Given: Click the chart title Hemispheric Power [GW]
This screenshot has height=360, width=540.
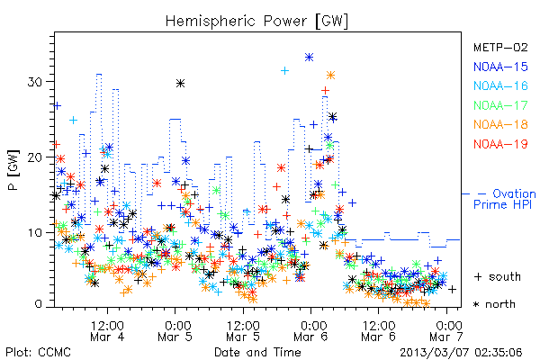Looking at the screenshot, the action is click(x=256, y=22).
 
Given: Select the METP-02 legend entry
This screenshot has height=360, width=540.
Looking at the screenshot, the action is click(x=500, y=47).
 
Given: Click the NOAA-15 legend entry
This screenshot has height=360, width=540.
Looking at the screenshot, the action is click(x=500, y=67).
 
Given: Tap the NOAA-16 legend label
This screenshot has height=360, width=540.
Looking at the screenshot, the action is click(x=500, y=85).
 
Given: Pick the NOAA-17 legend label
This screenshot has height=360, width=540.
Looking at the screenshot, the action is click(x=500, y=105).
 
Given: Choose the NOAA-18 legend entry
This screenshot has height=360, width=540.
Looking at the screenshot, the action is click(x=500, y=124).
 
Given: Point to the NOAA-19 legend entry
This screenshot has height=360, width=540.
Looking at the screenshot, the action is click(x=500, y=144).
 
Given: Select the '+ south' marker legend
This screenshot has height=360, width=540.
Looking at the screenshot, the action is click(x=498, y=276).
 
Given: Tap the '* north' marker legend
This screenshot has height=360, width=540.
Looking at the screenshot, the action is click(x=494, y=304).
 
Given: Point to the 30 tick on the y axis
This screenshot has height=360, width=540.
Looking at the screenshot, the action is click(x=36, y=82).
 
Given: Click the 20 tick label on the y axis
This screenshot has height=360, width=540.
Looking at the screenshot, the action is click(x=36, y=157).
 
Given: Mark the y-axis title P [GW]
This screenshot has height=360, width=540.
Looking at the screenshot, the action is click(x=13, y=170).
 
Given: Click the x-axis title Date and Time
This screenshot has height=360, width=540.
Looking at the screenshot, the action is click(x=257, y=353).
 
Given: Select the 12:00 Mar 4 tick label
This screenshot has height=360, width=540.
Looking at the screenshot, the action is click(x=107, y=330).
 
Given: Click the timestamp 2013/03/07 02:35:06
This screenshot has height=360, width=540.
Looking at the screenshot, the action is click(x=461, y=353).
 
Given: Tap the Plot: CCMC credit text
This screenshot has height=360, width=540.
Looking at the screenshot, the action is click(x=38, y=353).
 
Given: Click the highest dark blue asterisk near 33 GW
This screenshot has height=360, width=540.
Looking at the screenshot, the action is click(x=309, y=58).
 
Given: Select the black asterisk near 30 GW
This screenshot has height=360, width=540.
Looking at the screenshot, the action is click(x=181, y=84).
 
